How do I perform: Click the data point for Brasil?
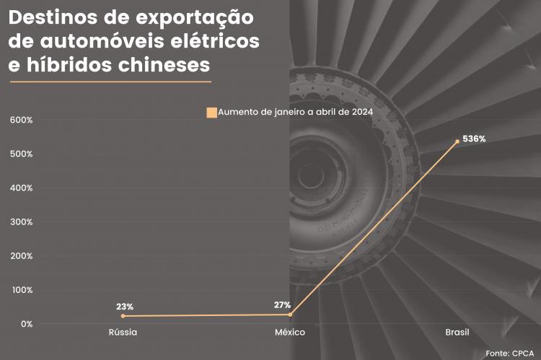[x=457, y=141]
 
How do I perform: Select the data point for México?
[x=290, y=315]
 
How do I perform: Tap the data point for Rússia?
[x=123, y=316]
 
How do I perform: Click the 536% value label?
[x=474, y=139]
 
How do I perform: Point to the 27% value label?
[x=282, y=304]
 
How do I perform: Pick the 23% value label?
[x=125, y=307]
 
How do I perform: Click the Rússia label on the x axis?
[x=123, y=333]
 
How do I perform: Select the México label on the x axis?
[x=290, y=333]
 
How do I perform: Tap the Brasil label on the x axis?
[x=457, y=333]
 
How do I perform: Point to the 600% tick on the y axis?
[x=22, y=120]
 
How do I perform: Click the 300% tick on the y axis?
[x=22, y=221]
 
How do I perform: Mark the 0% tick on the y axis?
[x=26, y=324]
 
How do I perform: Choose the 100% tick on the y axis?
[x=22, y=290]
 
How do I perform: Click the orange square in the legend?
[x=211, y=112]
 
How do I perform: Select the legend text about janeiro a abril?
[x=294, y=112]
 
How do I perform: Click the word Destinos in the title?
[x=55, y=17]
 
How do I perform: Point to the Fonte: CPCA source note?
[x=509, y=353]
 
